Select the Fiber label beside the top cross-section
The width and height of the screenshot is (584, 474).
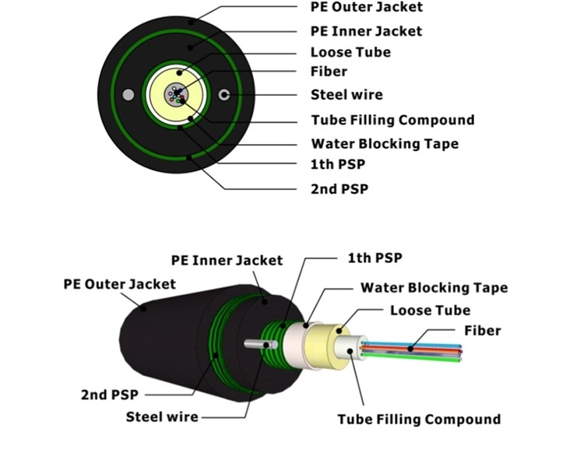pyautogui.click(x=329, y=72)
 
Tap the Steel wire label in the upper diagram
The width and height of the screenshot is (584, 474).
pyautogui.click(x=347, y=95)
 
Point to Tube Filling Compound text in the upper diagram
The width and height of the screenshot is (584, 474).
pyautogui.click(x=392, y=121)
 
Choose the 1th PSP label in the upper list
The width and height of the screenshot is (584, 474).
pyautogui.click(x=337, y=165)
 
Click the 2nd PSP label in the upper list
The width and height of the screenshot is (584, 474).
pyautogui.click(x=339, y=189)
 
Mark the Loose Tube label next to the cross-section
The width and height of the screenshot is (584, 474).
pyautogui.click(x=350, y=53)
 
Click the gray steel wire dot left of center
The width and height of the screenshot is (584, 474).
pyautogui.click(x=128, y=95)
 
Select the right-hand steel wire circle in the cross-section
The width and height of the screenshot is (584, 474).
pyautogui.click(x=225, y=95)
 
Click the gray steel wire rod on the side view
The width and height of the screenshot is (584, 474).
pyautogui.click(x=257, y=344)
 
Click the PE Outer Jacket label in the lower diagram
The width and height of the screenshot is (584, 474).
pyautogui.click(x=119, y=284)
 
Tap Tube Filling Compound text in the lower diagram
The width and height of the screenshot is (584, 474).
pyautogui.click(x=419, y=420)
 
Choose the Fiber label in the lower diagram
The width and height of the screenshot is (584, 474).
pyautogui.click(x=483, y=331)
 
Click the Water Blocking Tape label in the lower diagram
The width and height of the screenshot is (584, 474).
pyautogui.click(x=434, y=288)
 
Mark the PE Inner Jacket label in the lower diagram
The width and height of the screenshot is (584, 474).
pyautogui.click(x=227, y=260)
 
